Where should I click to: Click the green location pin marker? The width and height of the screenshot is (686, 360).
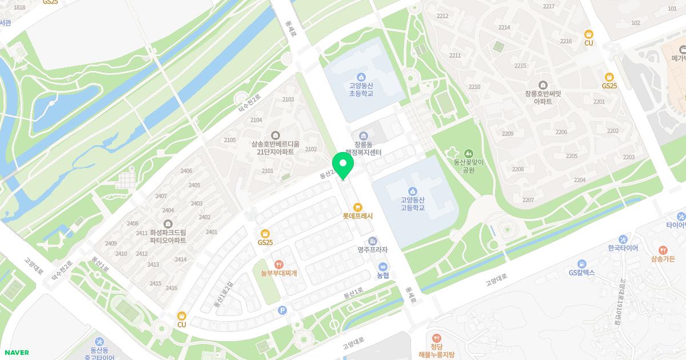point(343,165)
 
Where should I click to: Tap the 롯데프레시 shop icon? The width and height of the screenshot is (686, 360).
point(357,207)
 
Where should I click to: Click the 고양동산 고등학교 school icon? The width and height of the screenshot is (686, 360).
point(413,191)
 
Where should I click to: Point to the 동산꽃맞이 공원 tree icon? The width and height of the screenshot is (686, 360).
point(469,153)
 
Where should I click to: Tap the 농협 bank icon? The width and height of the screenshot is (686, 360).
point(382,266)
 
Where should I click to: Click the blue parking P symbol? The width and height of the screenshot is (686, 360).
point(281,310)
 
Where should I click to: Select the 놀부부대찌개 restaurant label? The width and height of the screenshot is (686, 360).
point(278,273)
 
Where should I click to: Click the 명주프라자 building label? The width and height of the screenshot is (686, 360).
point(373,250)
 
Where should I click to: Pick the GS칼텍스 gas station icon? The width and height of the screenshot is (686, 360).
point(581,263)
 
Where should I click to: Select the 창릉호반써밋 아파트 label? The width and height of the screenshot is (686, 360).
point(543,97)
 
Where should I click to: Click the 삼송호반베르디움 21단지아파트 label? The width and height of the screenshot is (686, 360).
point(276,148)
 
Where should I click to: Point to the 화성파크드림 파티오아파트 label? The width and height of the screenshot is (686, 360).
point(168,237)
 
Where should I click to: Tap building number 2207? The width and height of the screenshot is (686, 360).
point(528,200)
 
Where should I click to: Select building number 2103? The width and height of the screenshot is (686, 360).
point(288,99)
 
